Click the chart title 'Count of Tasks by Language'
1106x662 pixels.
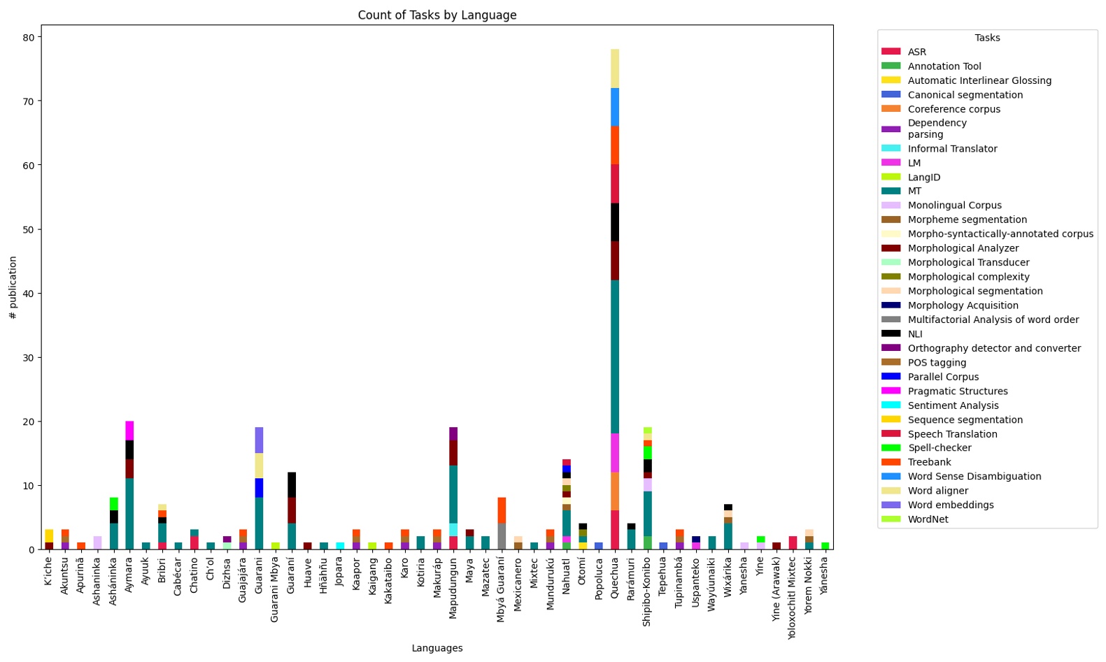coord(437,15)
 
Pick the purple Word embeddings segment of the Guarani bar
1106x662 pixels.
coord(259,440)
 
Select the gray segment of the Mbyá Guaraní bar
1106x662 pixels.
coord(502,536)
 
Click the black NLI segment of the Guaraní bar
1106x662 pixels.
coord(291,485)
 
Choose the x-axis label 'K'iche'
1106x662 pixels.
coord(48,571)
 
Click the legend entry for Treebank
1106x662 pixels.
coord(929,462)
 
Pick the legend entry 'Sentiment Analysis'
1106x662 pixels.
coord(953,405)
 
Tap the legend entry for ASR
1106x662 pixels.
coord(916,52)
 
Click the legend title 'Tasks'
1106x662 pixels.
coord(987,38)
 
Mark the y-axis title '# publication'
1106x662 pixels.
coord(13,287)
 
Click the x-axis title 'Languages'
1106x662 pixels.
coord(437,648)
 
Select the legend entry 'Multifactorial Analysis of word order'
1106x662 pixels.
coord(993,319)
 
